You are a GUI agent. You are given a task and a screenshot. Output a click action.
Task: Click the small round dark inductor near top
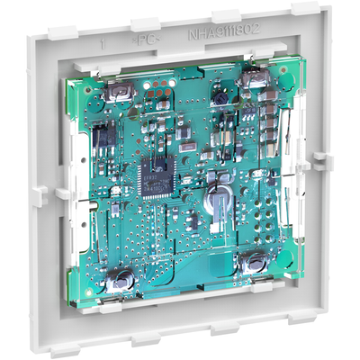coord(216,98)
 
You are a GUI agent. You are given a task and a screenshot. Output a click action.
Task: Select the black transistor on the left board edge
coord(101,138)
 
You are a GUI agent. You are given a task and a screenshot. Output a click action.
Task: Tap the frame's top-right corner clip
coord(302,12)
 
